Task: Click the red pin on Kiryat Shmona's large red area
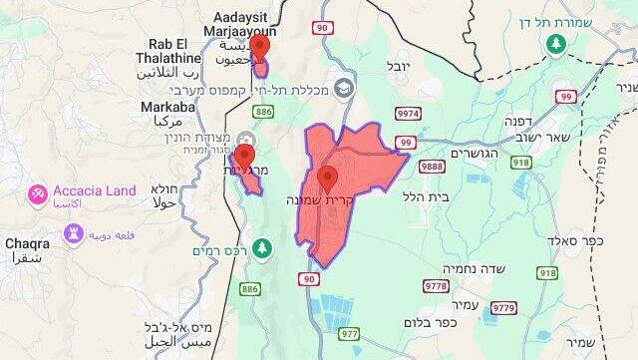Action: coord(327,180)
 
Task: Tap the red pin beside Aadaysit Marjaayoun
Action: coord(259,47)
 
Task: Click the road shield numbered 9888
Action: coord(432,167)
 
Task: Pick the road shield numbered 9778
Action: coord(437,286)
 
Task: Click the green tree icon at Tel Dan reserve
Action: coord(557,44)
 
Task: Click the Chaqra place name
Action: coord(27,242)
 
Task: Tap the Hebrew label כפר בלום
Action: coord(431,322)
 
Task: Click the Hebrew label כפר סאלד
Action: coord(575,240)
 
